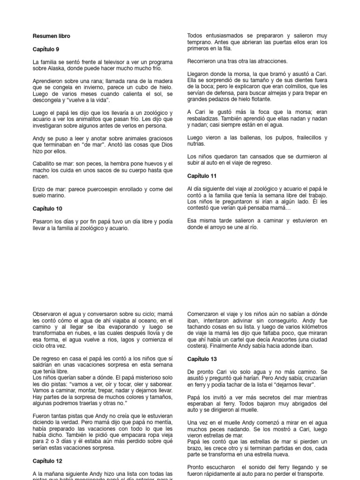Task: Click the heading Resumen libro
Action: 52,36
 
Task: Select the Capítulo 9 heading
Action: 45,49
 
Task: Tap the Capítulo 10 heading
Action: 47,208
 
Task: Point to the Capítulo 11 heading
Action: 201,176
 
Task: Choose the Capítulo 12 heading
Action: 47,461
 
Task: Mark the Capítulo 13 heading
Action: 202,359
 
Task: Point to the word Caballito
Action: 46,164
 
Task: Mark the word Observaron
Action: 49,314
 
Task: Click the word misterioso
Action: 133,377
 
